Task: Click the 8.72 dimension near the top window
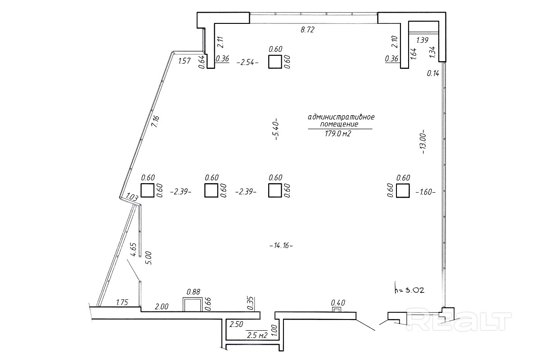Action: pyautogui.click(x=308, y=30)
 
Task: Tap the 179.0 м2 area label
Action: pyautogui.click(x=338, y=133)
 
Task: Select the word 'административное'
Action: pyautogui.click(x=341, y=117)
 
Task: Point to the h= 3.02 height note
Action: pyautogui.click(x=409, y=290)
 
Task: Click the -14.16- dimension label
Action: pyautogui.click(x=281, y=246)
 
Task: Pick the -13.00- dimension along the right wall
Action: pyautogui.click(x=423, y=142)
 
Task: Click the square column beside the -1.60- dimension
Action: pyautogui.click(x=403, y=190)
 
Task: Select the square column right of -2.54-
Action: pyautogui.click(x=275, y=62)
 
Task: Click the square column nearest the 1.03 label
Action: pyautogui.click(x=147, y=190)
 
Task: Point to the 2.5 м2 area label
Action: pyautogui.click(x=257, y=335)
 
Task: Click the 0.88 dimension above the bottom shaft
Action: pyautogui.click(x=193, y=292)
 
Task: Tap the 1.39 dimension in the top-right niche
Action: pyautogui.click(x=423, y=40)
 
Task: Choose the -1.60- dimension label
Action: pyautogui.click(x=426, y=192)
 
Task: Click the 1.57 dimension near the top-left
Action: pyautogui.click(x=184, y=61)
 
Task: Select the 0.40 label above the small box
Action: pyautogui.click(x=338, y=302)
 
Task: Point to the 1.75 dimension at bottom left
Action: pyautogui.click(x=122, y=302)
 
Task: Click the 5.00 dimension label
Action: pyautogui.click(x=149, y=258)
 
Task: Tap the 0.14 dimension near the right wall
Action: pyautogui.click(x=433, y=73)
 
